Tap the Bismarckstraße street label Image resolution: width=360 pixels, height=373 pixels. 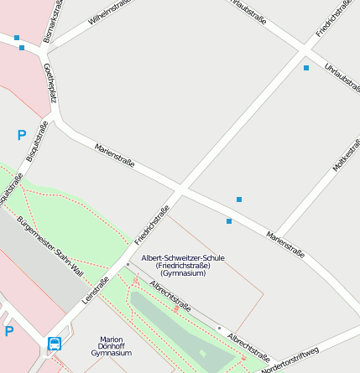pos(53,18)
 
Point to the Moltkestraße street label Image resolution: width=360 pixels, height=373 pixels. pos(346,155)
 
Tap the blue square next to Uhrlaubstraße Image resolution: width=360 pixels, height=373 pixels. pos(306,67)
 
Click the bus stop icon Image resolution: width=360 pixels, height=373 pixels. pos(55,343)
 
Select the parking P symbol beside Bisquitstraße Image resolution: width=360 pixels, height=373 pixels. pos(21,134)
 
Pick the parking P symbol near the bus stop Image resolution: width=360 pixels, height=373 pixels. pos(9,331)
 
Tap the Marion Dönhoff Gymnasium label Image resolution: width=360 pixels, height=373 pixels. pos(111,346)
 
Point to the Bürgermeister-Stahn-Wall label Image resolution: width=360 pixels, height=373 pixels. pos(50,246)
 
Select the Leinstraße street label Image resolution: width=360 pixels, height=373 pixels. pos(96,290)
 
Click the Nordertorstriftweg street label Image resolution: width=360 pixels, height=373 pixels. pos(290,360)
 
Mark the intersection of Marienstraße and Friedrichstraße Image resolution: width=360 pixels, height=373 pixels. pos(181,185)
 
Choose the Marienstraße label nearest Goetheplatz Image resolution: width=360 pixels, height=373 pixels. pos(115,157)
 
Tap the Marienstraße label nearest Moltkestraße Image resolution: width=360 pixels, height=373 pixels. pos(285,243)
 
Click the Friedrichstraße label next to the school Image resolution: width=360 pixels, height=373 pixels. pos(152,225)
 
